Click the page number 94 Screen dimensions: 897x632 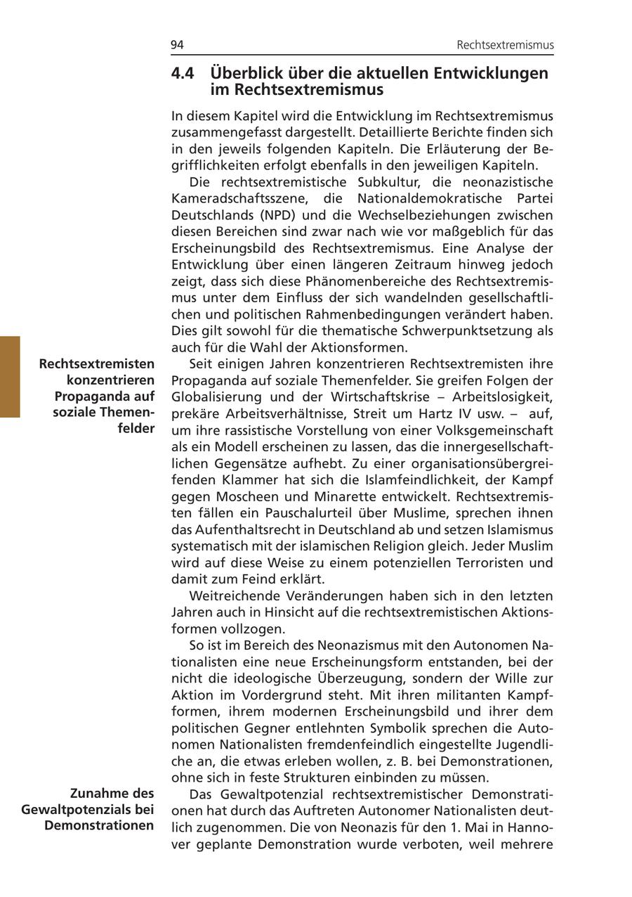pyautogui.click(x=177, y=45)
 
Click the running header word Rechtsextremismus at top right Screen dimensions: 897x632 pyautogui.click(x=505, y=45)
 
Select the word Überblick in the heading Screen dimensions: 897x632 pyautogui.click(x=246, y=73)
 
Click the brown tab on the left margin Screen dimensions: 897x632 pyautogui.click(x=10, y=377)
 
